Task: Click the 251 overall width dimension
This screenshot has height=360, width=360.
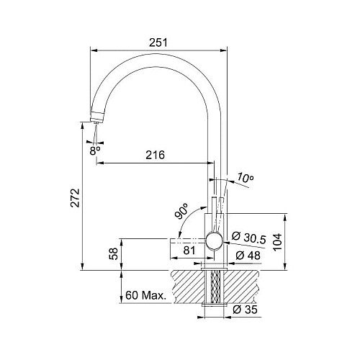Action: point(158,42)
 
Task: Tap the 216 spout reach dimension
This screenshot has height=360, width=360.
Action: point(156,155)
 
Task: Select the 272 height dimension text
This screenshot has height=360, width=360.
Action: point(75,198)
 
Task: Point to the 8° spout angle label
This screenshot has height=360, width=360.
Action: point(95,150)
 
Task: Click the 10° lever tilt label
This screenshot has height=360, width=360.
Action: point(246,178)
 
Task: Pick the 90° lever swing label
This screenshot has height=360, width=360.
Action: point(181,211)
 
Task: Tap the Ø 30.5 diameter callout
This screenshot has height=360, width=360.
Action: point(248,238)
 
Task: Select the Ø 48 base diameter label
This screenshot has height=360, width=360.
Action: point(248,256)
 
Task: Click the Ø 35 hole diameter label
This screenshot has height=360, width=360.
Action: point(245,310)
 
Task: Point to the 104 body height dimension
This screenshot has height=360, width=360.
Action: point(277,242)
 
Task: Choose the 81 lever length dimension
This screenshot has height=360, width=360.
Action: point(189,251)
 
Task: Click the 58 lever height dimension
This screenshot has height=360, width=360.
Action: point(114,253)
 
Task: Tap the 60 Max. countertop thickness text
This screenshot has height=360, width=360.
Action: point(145,295)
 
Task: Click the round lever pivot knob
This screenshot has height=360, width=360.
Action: point(215,241)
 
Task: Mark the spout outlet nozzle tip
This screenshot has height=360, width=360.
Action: point(96,122)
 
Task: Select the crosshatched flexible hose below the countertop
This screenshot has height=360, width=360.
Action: point(215,287)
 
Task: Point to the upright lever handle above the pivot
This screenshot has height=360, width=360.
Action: point(214,215)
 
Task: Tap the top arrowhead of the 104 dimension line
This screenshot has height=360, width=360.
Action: point(285,217)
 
